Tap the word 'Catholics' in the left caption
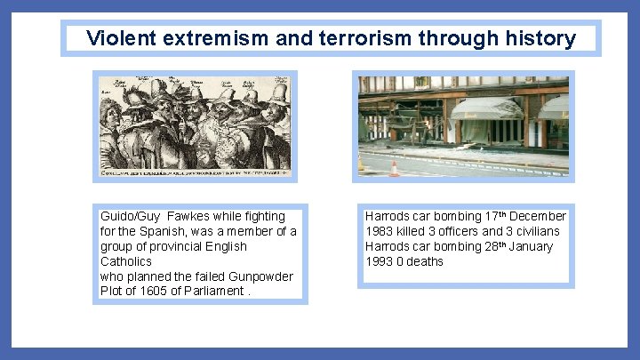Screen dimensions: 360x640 click(126, 261)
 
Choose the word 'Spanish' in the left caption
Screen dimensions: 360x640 click(150, 231)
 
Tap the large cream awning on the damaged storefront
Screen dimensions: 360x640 click(486, 109)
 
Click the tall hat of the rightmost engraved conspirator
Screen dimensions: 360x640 click(278, 92)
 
